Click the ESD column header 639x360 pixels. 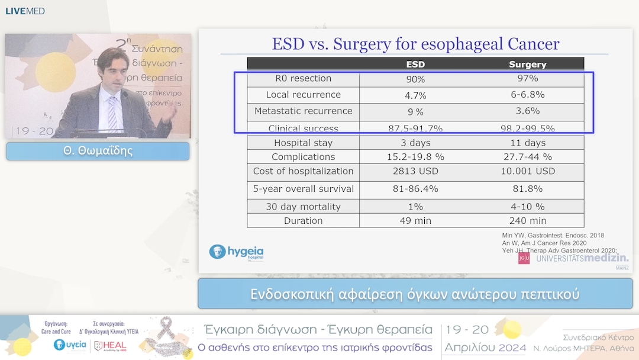[x=415, y=65]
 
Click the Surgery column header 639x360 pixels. [x=527, y=65]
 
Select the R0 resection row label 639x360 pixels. [x=303, y=79]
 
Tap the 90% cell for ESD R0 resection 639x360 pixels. [x=415, y=79]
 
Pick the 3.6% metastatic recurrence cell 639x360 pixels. [x=527, y=111]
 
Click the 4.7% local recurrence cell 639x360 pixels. [x=415, y=95]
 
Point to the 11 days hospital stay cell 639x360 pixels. [x=527, y=143]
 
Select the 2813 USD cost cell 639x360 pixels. [x=415, y=172]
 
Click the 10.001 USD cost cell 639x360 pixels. [x=527, y=172]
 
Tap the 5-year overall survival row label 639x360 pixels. [x=303, y=189]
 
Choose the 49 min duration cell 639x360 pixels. [x=415, y=221]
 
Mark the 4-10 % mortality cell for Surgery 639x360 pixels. [x=527, y=207]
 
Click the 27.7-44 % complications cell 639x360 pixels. [x=527, y=157]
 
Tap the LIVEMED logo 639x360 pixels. [x=25, y=11]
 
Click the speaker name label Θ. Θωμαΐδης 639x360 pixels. [x=98, y=151]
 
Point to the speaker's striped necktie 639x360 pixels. [x=112, y=112]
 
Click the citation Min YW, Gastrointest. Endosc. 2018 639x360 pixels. [x=553, y=236]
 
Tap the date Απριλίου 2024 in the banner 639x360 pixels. [x=485, y=348]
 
